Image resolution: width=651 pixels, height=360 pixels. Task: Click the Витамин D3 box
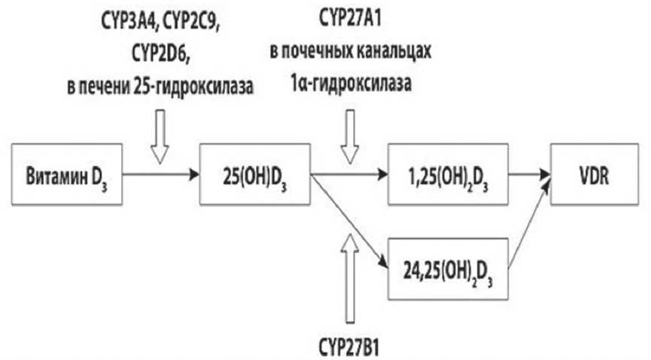65,176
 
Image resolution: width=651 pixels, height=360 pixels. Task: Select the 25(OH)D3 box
255,176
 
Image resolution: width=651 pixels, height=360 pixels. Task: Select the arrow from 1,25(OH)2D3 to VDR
530,176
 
